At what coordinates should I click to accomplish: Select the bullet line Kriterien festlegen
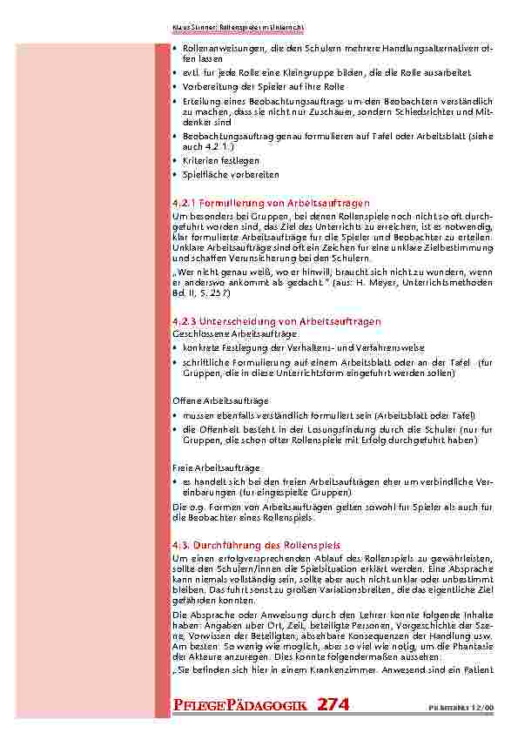coord(220,161)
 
